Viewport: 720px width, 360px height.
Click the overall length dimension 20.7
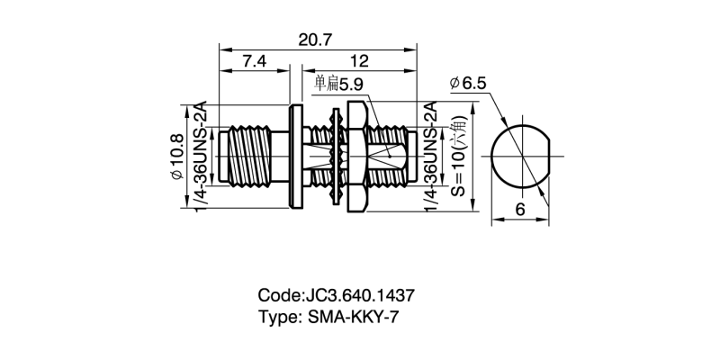click(x=318, y=40)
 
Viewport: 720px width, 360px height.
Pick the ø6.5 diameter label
click(x=468, y=84)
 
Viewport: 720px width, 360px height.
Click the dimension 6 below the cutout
click(x=520, y=209)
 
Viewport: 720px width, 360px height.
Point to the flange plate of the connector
click(x=295, y=157)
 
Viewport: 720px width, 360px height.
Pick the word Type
click(x=277, y=317)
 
